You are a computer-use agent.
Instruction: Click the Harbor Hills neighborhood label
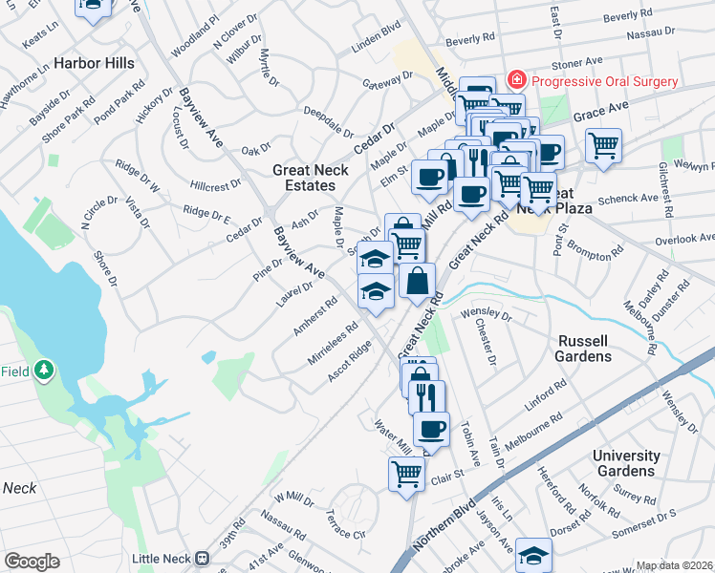pyautogui.click(x=94, y=63)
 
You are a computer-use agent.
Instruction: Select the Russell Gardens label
pyautogui.click(x=583, y=349)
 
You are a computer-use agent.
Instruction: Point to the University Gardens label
pyautogui.click(x=626, y=463)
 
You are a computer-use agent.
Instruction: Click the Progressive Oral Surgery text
pyautogui.click(x=604, y=81)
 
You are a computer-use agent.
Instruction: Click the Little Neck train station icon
pyautogui.click(x=202, y=558)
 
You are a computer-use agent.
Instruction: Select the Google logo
pyautogui.click(x=32, y=562)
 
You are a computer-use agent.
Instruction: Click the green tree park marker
pyautogui.click(x=43, y=371)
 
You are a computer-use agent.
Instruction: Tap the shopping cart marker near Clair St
pyautogui.click(x=406, y=473)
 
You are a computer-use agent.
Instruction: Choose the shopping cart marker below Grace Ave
pyautogui.click(x=603, y=146)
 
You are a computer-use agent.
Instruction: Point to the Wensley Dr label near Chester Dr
pyautogui.click(x=486, y=312)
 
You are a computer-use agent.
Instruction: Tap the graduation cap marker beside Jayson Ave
pyautogui.click(x=533, y=554)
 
